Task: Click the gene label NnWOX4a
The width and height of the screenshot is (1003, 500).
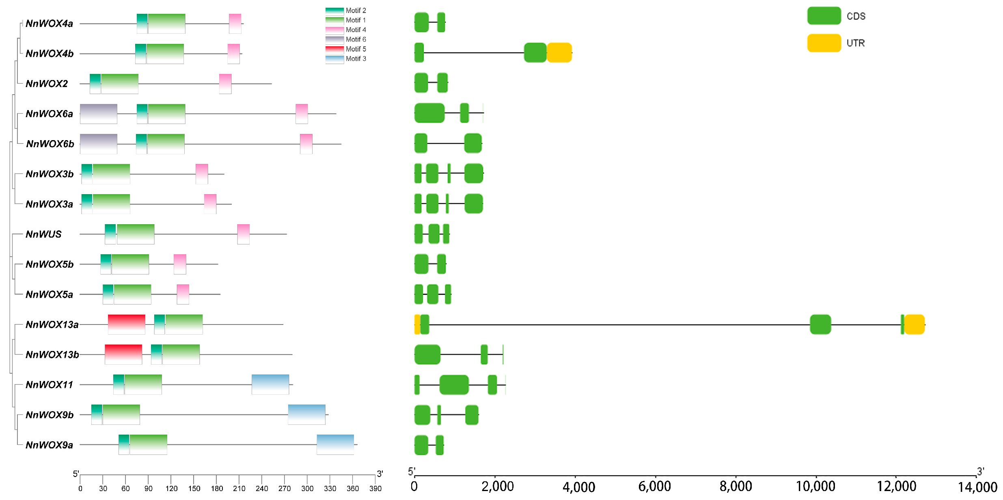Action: (49, 24)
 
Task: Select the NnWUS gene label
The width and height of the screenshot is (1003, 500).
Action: (43, 234)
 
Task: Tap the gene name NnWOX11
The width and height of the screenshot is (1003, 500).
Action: (49, 385)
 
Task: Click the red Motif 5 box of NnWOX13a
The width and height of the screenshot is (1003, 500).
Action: (126, 325)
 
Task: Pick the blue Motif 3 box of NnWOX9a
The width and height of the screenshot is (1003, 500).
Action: (335, 444)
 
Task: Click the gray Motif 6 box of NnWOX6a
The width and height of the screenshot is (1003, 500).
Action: (99, 114)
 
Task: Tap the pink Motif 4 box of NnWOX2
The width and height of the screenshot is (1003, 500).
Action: (225, 84)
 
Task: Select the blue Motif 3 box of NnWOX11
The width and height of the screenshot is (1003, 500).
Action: (270, 384)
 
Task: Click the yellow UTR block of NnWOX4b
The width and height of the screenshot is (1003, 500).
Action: (559, 53)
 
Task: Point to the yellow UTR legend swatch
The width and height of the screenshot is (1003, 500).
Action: (824, 43)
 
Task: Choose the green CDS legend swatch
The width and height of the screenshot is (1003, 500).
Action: (824, 16)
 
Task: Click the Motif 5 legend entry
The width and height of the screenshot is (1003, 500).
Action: (346, 49)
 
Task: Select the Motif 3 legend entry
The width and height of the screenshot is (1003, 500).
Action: (346, 59)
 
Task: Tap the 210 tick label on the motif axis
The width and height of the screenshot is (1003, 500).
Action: (239, 488)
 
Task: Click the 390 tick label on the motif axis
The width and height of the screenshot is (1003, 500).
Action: (375, 488)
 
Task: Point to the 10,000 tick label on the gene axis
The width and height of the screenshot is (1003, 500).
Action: (815, 486)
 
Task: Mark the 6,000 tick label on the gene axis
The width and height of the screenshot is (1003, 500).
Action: (654, 486)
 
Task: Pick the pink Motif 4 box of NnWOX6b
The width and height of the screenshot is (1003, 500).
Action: (306, 144)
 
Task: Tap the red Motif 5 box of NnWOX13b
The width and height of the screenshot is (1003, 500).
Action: (123, 355)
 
